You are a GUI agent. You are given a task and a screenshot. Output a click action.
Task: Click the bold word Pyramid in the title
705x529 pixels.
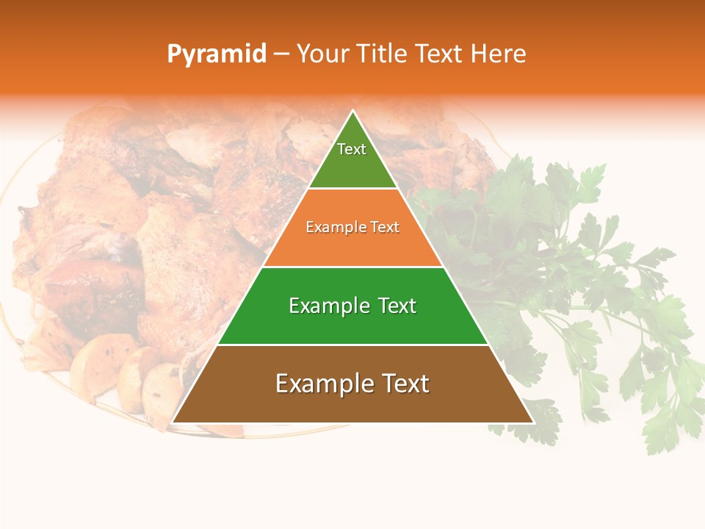coord(216,54)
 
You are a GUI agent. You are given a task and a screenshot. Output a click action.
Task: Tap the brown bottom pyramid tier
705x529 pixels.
coord(352,404)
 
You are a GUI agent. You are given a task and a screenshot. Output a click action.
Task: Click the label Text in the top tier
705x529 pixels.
coord(352,149)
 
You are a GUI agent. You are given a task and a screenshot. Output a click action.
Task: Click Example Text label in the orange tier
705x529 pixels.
coord(352,227)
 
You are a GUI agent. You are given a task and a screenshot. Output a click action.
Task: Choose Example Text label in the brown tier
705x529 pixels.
coord(352,384)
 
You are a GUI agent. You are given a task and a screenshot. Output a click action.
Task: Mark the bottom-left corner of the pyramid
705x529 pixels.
coord(173,422)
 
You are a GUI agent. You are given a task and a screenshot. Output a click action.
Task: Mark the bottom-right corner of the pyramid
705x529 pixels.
coord(532,422)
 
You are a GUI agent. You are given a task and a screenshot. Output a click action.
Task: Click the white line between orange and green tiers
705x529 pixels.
coord(352,267)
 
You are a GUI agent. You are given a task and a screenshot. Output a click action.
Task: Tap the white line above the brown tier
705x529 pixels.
coord(352,345)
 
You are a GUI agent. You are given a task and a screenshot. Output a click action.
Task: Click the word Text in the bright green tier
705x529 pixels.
coord(397,306)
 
